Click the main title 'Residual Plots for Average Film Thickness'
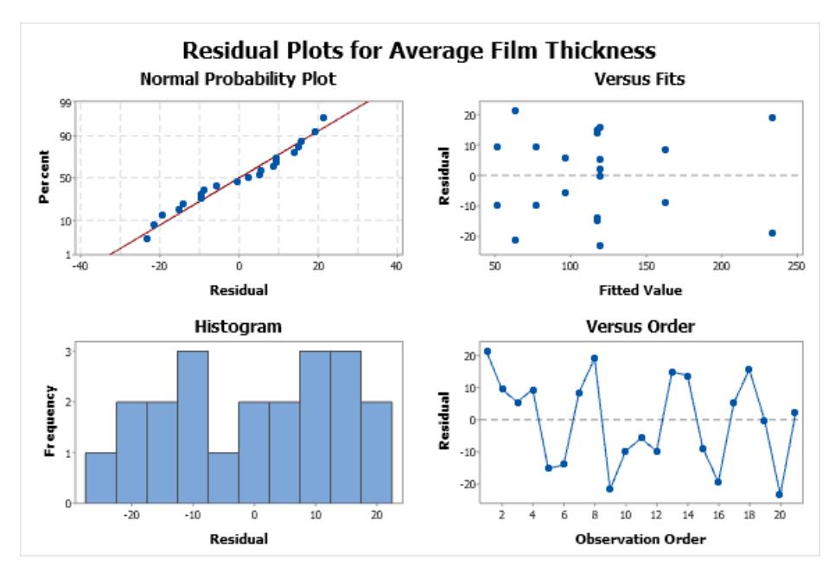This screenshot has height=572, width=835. pyautogui.click(x=418, y=51)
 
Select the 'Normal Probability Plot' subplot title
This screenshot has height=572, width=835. pyautogui.click(x=238, y=79)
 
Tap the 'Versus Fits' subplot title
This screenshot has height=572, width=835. pyautogui.click(x=640, y=79)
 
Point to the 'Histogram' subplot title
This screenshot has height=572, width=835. pyautogui.click(x=238, y=326)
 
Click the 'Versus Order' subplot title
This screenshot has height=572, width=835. pyautogui.click(x=641, y=326)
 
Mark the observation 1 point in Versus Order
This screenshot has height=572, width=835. pyautogui.click(x=488, y=352)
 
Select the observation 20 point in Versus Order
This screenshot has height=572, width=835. pyautogui.click(x=780, y=494)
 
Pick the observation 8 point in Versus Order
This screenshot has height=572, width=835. pyautogui.click(x=595, y=359)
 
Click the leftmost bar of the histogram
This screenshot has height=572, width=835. pyautogui.click(x=100, y=478)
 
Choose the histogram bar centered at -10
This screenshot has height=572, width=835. pyautogui.click(x=193, y=427)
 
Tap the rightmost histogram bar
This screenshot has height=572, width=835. pyautogui.click(x=377, y=452)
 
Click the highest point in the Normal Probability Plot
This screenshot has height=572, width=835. pyautogui.click(x=323, y=118)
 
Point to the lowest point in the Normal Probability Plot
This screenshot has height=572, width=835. pyautogui.click(x=147, y=238)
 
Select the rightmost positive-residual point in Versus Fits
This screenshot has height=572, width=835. pyautogui.click(x=772, y=118)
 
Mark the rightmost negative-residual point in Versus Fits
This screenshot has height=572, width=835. pyautogui.click(x=772, y=233)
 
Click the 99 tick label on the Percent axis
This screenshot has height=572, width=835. pyautogui.click(x=65, y=103)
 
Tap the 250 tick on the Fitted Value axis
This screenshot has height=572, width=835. pyautogui.click(x=796, y=265)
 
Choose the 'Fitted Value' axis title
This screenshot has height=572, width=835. pyautogui.click(x=641, y=290)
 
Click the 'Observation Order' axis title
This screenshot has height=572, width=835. pyautogui.click(x=641, y=539)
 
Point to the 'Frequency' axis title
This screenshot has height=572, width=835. pyautogui.click(x=49, y=421)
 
